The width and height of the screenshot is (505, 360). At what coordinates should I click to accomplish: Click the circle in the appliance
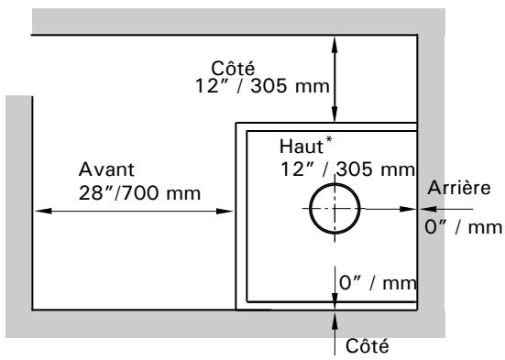pyautogui.click(x=335, y=208)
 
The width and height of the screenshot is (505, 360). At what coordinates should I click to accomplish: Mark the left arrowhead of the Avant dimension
pyautogui.click(x=40, y=211)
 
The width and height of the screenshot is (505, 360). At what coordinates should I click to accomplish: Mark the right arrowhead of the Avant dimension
pyautogui.click(x=231, y=211)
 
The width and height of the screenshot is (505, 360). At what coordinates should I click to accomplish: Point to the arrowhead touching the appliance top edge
pyautogui.click(x=335, y=117)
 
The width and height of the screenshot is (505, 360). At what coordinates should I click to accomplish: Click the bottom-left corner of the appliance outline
pyautogui.click(x=236, y=310)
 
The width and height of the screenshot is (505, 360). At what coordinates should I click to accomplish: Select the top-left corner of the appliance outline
pyautogui.click(x=236, y=123)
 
